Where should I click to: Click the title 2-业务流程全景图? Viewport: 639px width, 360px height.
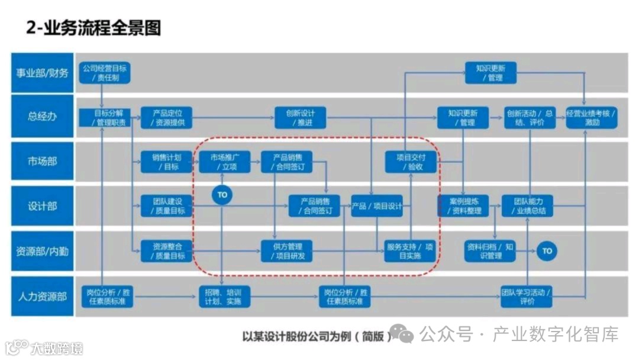[x=94, y=28]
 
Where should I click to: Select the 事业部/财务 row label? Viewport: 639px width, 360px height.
[x=42, y=73]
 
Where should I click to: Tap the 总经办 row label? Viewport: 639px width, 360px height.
[x=42, y=117]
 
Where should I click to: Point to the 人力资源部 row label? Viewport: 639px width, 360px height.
[x=42, y=296]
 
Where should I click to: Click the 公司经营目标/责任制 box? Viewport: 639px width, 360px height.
[x=104, y=73]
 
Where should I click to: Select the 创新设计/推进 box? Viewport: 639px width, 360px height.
[x=301, y=117]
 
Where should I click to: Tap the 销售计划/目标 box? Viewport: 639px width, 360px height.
[x=167, y=162]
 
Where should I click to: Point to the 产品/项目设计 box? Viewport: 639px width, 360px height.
[x=377, y=207]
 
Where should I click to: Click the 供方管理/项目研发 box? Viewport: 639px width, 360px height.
[x=287, y=251]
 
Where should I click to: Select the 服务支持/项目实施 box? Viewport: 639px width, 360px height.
[x=411, y=251]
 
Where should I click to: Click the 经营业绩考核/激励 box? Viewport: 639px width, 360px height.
[x=592, y=117]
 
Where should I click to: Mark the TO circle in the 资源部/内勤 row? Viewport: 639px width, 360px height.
[x=547, y=251]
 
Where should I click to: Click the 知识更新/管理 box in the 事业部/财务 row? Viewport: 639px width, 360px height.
[x=490, y=73]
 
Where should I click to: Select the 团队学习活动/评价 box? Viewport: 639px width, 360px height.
[x=526, y=297]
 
